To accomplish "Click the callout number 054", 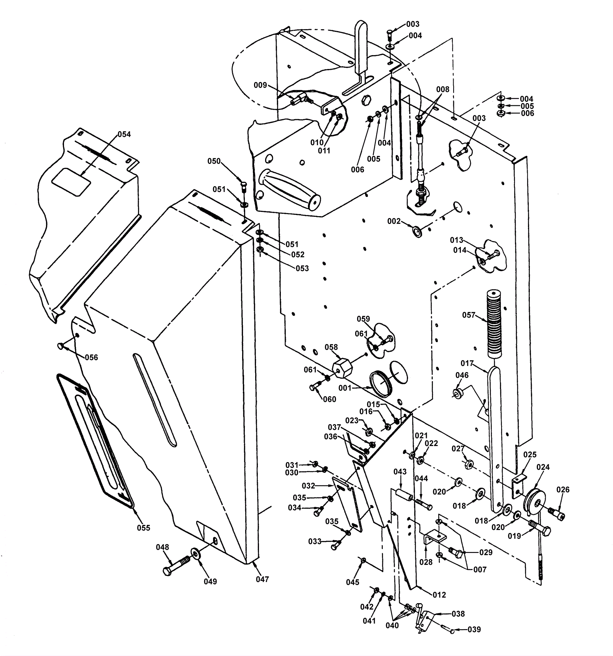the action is point(124,134).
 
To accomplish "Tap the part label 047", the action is point(262,579).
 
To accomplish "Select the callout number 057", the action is point(469,315).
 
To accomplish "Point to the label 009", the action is point(260,85).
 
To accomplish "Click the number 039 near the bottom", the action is point(474,630).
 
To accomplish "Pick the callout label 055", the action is point(144,528).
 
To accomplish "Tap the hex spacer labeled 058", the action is point(342,368).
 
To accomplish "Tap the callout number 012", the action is point(439,595).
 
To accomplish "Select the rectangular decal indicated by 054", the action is point(71,182).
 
